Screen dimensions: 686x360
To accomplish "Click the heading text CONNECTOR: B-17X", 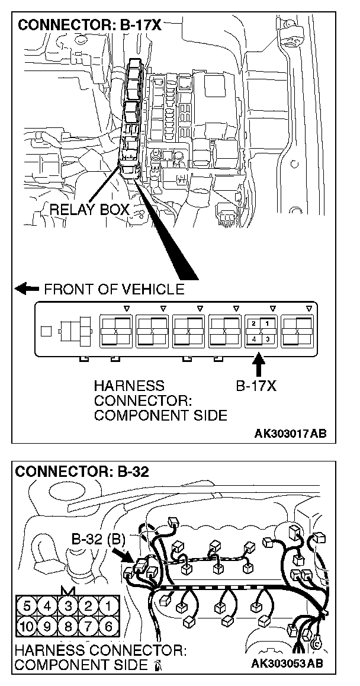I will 89,25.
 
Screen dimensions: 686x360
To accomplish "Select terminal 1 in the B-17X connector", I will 268,324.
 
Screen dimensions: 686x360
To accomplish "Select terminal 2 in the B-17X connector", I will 253,324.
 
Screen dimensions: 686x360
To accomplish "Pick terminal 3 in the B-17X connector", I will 268,339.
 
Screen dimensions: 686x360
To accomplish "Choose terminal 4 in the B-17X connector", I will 253,339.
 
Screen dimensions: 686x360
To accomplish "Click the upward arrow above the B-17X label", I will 259,362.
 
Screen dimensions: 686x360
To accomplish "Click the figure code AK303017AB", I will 290,434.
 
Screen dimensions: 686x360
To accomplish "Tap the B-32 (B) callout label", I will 97,540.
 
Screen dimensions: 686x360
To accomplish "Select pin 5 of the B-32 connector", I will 27,606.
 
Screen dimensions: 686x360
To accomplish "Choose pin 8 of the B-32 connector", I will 67,626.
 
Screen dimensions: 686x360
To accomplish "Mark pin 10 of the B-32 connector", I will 27,626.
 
